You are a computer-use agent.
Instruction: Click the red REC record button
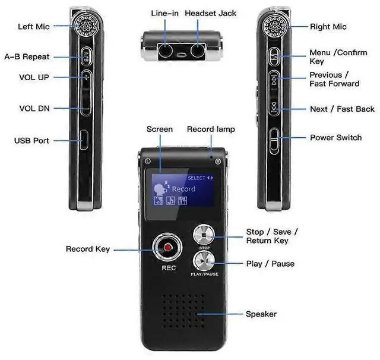coord(168,247)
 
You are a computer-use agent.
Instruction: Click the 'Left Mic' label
coord(33,27)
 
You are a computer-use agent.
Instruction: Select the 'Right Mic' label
coord(328,27)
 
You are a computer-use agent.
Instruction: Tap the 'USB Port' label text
coord(31,141)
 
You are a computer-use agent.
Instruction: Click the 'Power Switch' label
coord(335,138)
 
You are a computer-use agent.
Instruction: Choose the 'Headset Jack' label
coord(210,13)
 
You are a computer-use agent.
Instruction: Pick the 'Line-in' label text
coord(164,13)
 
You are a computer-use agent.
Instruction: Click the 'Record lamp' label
coord(211,129)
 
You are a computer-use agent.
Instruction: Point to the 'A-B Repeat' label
coord(27,57)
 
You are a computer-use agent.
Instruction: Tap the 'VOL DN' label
coord(34,108)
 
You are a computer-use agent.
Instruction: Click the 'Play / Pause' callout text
coord(270,264)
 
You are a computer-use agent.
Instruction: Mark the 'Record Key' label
coord(88,249)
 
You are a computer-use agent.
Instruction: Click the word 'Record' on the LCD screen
coord(183,189)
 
